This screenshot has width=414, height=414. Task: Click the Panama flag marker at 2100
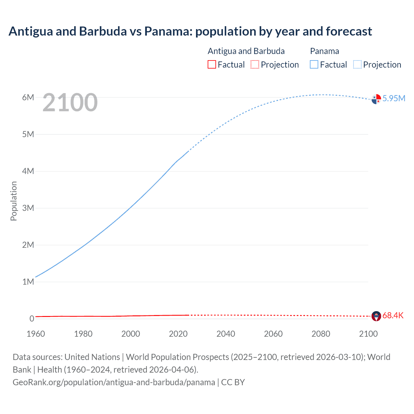pos(376,99)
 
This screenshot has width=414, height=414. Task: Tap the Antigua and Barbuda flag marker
pos(376,316)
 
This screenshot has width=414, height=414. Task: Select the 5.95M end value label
pos(394,98)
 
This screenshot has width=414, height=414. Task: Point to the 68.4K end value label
pos(393,315)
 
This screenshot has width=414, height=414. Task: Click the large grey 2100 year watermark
pos(70,103)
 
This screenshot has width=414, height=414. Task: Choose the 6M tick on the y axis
pos(28,97)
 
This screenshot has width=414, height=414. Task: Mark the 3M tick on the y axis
pos(28,208)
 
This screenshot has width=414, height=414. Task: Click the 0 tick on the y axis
pos(32,319)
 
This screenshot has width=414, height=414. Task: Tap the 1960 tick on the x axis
pos(36,334)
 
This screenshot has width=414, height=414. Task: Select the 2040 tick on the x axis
pos(226,334)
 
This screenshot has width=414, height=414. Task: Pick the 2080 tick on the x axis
pos(321,334)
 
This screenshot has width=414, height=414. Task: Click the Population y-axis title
pos(14,201)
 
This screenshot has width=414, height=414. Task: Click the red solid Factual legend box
pos(212,64)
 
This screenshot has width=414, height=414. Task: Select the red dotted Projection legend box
pos(255,64)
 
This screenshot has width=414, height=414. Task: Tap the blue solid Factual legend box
pos(314,64)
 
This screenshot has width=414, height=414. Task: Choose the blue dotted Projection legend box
pos(357,64)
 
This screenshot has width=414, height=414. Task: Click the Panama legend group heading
pos(324,51)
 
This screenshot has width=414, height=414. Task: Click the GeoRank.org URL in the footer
pos(114,382)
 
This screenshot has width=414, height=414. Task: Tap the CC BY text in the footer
pos(233,382)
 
